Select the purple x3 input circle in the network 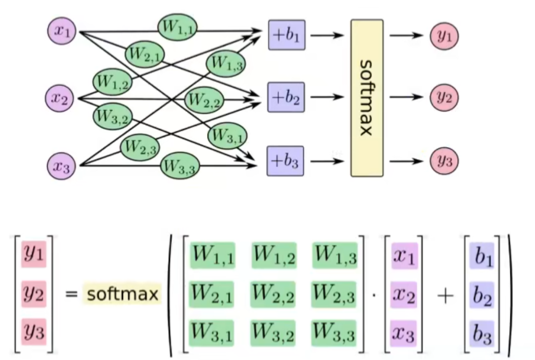62,166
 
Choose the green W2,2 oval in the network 204,99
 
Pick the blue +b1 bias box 286,35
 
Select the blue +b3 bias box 285,162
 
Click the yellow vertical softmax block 367,98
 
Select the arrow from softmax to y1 407,35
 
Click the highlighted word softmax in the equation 122,294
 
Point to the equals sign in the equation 71,294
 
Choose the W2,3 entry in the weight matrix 334,294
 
